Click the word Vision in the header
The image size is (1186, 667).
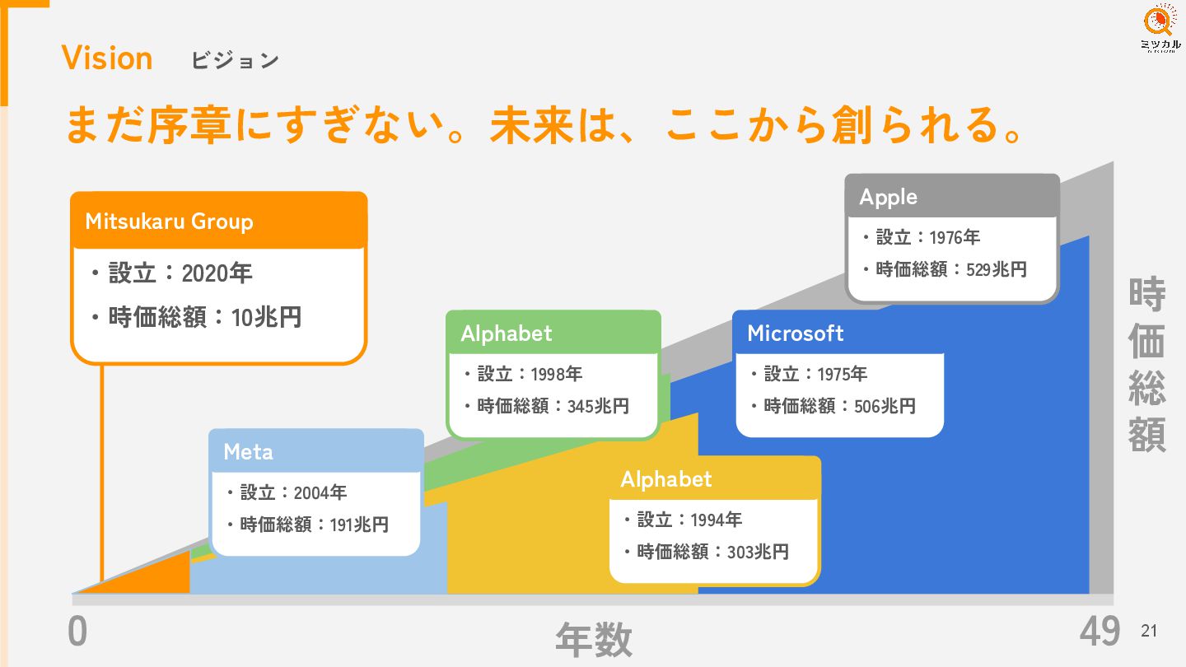tap(107, 58)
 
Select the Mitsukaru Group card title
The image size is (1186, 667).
tap(169, 222)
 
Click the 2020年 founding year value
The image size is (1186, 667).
tap(217, 273)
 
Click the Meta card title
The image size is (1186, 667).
tap(248, 452)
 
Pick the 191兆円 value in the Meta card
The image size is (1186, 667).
tap(359, 525)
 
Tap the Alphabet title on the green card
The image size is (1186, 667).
tap(506, 333)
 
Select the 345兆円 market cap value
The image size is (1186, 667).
tap(598, 406)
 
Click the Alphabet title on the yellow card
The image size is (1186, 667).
tap(665, 479)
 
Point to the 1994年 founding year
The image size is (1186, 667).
tap(717, 520)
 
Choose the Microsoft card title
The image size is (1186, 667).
tap(795, 333)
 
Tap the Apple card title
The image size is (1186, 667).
tap(888, 197)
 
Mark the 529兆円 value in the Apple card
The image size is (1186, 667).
tap(997, 269)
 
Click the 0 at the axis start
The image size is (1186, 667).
tap(77, 632)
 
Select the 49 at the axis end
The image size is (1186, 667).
tap(1100, 632)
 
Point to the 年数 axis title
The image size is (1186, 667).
tap(593, 639)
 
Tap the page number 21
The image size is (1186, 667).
tap(1149, 632)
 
